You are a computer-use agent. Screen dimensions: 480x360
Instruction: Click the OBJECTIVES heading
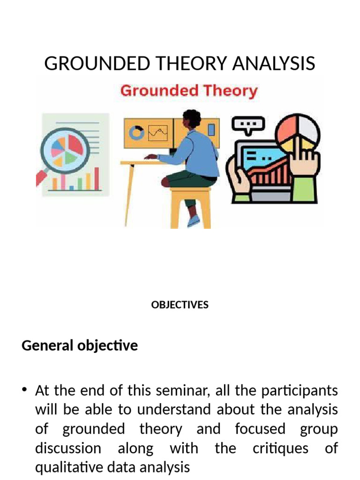click(x=180, y=305)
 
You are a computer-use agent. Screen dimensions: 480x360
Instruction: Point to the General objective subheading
click(x=80, y=346)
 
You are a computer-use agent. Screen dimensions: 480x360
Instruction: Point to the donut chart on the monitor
click(x=137, y=133)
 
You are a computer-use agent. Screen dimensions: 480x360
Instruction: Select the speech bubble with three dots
click(x=248, y=124)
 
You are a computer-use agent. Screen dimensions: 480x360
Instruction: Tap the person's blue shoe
click(x=194, y=221)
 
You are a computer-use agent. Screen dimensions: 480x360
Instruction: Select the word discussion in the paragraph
click(x=68, y=448)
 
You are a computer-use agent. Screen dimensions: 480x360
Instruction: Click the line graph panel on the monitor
click(x=158, y=133)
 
